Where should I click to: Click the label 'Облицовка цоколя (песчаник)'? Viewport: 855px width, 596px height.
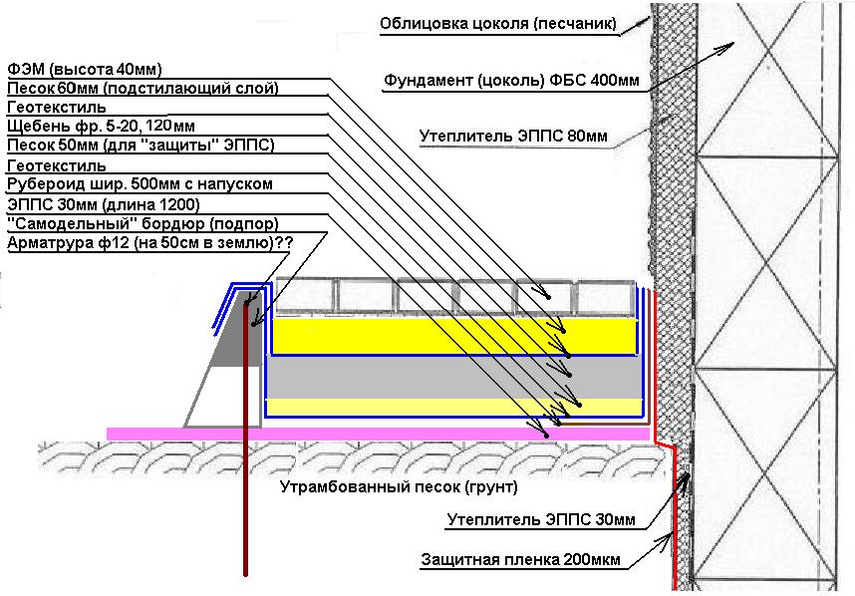(x=498, y=23)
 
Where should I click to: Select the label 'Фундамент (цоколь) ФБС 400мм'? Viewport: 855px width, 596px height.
(x=512, y=80)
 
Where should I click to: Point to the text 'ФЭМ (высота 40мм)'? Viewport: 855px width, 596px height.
(x=84, y=70)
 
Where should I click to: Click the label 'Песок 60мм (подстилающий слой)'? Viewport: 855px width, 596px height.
(x=142, y=89)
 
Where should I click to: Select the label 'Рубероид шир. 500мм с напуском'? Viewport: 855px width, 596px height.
(x=139, y=184)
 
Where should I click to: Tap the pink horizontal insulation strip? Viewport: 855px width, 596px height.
(x=379, y=434)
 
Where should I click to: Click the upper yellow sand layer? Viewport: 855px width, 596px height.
(x=448, y=336)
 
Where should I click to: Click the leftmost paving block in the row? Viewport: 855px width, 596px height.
(x=304, y=295)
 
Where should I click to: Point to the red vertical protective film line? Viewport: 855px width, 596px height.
(x=667, y=518)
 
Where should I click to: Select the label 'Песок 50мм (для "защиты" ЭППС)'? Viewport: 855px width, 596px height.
(x=141, y=146)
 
